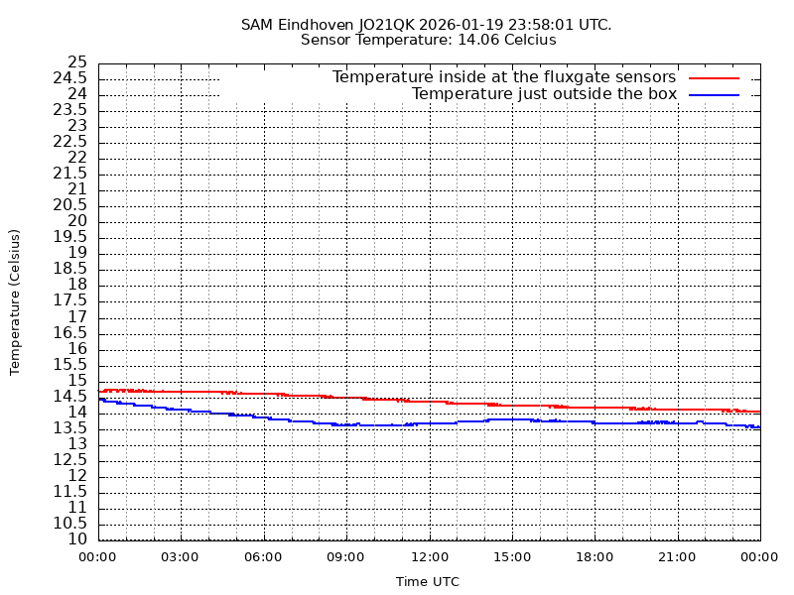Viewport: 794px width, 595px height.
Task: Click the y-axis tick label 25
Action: click(x=77, y=62)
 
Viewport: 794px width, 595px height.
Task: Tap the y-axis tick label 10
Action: click(x=77, y=539)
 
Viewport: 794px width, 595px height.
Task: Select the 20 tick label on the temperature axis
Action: click(x=77, y=221)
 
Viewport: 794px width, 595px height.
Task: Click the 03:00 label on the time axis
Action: click(x=181, y=557)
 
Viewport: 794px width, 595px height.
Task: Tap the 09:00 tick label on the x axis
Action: click(x=346, y=557)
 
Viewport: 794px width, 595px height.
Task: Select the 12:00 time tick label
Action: click(x=429, y=557)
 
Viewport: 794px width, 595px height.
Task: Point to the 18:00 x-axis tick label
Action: click(x=595, y=557)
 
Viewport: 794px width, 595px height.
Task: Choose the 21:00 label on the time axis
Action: click(x=678, y=557)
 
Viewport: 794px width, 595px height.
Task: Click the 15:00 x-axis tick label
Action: click(x=512, y=557)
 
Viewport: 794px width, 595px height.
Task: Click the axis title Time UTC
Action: click(x=428, y=582)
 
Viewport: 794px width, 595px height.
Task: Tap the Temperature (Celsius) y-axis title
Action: click(x=15, y=301)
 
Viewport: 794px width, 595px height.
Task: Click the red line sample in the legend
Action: click(x=715, y=77)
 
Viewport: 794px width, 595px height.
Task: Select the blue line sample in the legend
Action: click(x=715, y=94)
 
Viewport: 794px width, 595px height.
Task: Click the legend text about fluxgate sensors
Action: click(x=503, y=77)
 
